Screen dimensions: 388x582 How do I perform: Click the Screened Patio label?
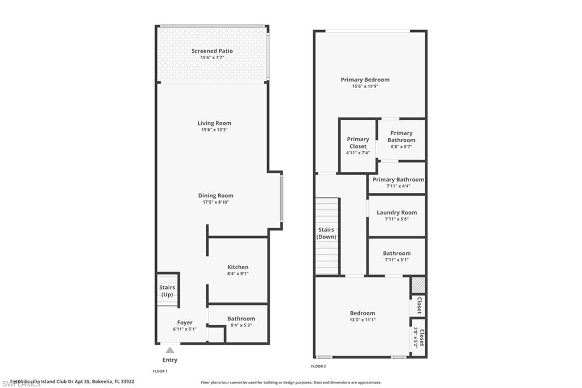[x=212, y=51]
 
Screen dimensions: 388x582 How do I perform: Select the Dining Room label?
[x=215, y=196]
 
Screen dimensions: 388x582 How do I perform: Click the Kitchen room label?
[x=238, y=267]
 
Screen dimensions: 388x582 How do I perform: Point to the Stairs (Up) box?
[x=168, y=290]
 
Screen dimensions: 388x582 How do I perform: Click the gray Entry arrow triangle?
[x=170, y=350]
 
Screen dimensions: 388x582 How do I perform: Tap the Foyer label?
[x=185, y=323]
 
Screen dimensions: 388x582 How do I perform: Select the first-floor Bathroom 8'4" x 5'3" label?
[x=241, y=319]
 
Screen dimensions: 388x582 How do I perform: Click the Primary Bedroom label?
[x=365, y=80]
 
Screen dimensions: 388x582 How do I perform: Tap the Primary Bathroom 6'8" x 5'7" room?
[x=401, y=139]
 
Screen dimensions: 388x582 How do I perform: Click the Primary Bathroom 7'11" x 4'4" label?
[x=398, y=180]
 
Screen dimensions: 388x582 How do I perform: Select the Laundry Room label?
[x=397, y=213]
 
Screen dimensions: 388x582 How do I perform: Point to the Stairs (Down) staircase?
[x=327, y=233]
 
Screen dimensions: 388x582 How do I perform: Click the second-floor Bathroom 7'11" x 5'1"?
[x=397, y=254]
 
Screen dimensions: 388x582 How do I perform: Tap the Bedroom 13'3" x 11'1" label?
[x=363, y=313]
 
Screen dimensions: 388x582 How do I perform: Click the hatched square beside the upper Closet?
[x=418, y=284]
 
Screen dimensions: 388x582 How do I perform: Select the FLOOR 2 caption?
[x=318, y=366]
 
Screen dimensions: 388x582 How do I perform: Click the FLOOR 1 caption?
[x=160, y=371]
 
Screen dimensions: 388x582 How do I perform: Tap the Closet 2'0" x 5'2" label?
[x=418, y=337]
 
